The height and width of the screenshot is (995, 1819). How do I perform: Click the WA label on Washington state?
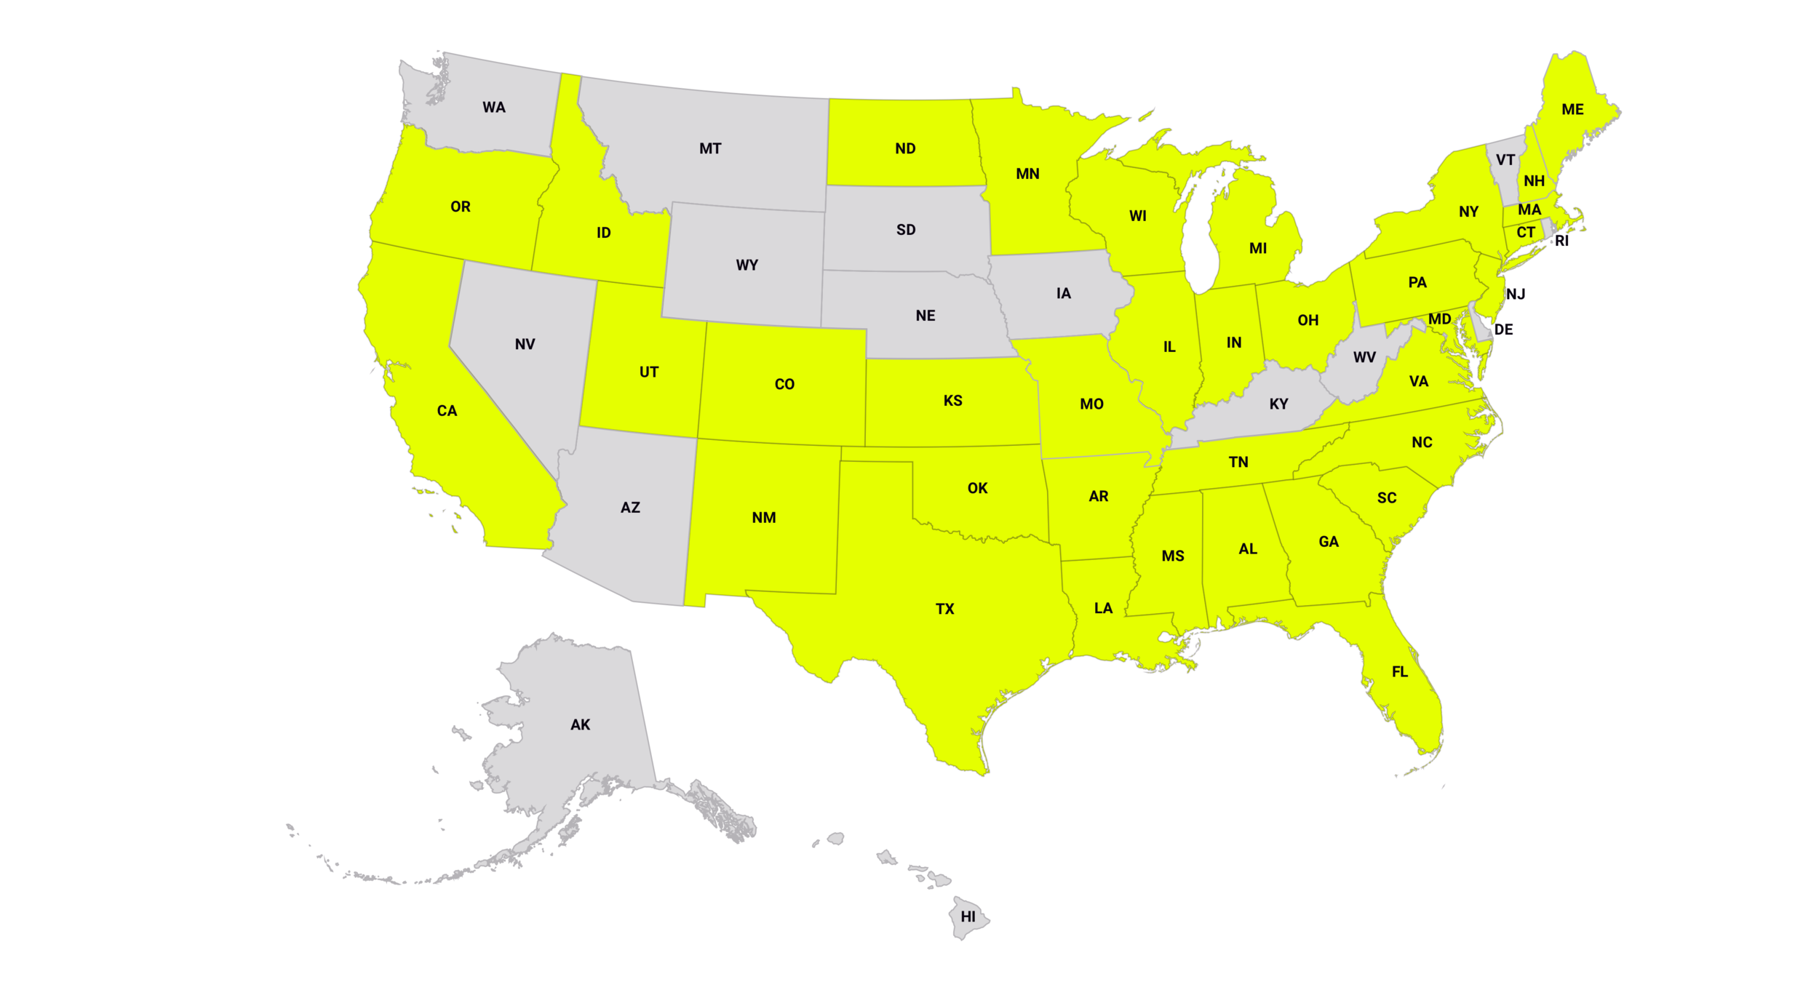coord(493,108)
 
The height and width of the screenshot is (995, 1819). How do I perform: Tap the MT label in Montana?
coord(710,149)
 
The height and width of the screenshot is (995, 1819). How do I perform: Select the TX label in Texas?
coord(944,610)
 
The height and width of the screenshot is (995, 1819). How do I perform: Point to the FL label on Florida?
coord(1399,672)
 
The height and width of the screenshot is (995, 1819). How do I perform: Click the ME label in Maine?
coord(1572,110)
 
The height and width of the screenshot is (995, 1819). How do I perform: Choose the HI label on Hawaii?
coord(968,917)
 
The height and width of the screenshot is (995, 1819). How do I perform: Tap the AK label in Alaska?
coord(580,725)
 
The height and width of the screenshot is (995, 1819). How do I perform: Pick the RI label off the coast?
coord(1561,241)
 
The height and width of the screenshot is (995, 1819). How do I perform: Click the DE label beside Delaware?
coord(1503,330)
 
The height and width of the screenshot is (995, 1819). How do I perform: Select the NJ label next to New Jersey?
coord(1516,295)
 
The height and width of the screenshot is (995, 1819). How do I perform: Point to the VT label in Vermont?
coord(1505,160)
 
